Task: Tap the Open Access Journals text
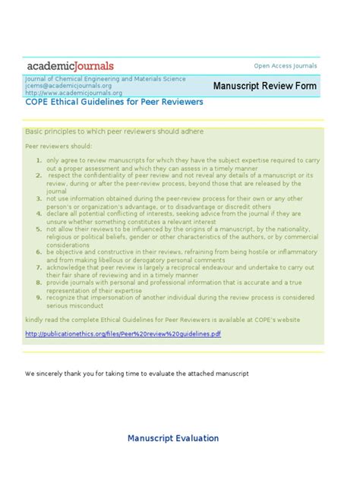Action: click(x=285, y=66)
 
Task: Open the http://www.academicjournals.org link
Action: click(x=63, y=93)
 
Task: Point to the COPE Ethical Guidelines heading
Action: click(x=113, y=103)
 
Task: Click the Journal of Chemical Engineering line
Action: click(x=105, y=78)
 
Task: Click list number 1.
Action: click(x=39, y=160)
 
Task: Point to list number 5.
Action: click(x=39, y=229)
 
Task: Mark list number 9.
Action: click(x=39, y=297)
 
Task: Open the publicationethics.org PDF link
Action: click(x=122, y=334)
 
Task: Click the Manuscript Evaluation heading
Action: click(x=173, y=438)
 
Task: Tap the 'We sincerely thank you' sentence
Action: click(x=137, y=374)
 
